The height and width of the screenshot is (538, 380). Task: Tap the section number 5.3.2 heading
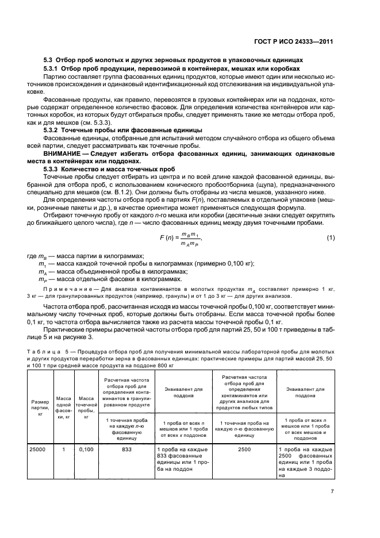coord(56,130)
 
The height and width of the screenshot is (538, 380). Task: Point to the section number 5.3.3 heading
coord(56,169)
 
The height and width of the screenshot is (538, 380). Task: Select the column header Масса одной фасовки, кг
coord(63,401)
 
